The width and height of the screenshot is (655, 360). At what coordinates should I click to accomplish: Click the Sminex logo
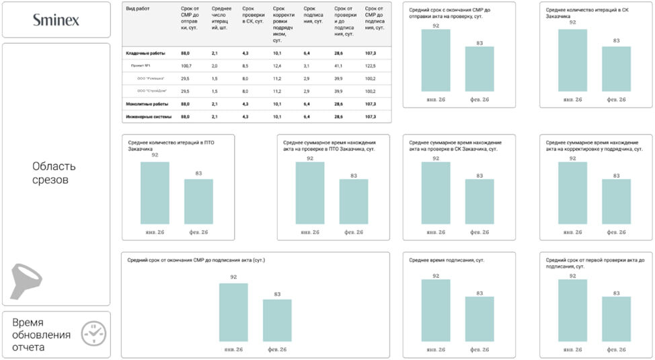click(x=56, y=20)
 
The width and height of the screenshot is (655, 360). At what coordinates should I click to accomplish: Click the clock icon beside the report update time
click(x=93, y=333)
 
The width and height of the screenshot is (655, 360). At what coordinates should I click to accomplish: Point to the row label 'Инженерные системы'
click(x=149, y=116)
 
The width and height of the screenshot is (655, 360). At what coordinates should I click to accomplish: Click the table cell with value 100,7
click(x=186, y=65)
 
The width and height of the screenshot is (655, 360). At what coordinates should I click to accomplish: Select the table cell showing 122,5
click(x=370, y=65)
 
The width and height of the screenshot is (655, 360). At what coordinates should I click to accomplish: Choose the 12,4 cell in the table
click(x=277, y=65)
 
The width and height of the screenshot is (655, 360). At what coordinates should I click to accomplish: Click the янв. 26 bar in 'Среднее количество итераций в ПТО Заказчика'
click(x=155, y=193)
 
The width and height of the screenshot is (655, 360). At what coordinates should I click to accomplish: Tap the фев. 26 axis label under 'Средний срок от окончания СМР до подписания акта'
click(x=277, y=350)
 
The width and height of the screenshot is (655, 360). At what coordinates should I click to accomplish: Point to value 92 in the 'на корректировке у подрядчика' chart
click(x=572, y=158)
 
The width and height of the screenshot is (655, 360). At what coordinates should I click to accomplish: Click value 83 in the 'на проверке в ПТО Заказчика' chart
click(x=353, y=174)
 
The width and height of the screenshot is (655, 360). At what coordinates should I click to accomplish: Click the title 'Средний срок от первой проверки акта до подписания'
click(x=594, y=262)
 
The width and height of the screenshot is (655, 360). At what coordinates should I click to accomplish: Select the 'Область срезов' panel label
click(x=54, y=173)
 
